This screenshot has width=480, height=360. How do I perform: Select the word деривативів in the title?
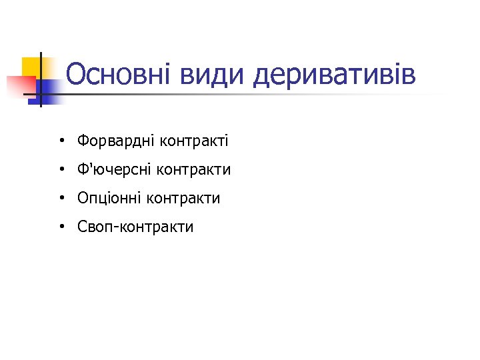click(335, 75)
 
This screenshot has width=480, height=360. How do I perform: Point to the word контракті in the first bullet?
click(193, 141)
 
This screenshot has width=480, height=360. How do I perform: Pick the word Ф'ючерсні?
click(114, 170)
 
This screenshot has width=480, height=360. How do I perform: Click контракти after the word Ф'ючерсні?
click(194, 170)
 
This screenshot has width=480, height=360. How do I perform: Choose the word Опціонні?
click(109, 198)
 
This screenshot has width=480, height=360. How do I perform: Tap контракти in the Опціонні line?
click(183, 198)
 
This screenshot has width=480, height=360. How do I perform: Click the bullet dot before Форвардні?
click(61, 141)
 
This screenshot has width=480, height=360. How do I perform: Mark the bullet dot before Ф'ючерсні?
click(61, 170)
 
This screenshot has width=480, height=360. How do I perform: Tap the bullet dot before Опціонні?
click(61, 199)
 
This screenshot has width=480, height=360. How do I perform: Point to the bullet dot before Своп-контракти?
click(61, 227)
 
